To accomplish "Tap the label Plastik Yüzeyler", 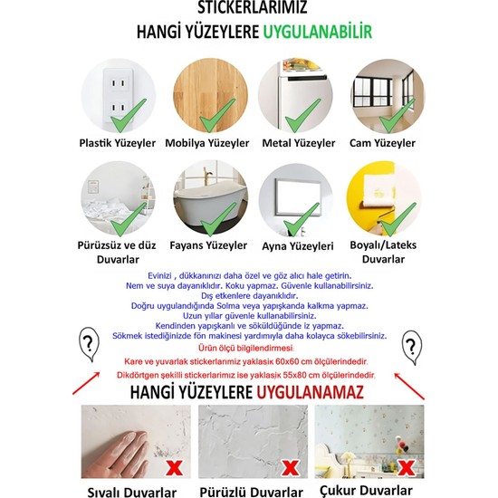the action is click(118, 143).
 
